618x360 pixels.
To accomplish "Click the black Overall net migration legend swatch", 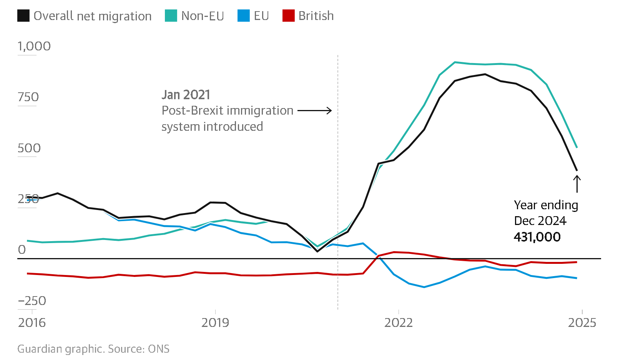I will pos(23,16).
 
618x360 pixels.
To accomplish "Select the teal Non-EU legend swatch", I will pos(171,16).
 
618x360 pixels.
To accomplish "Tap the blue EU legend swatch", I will pos(244,16).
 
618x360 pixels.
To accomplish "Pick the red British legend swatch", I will pos(288,16).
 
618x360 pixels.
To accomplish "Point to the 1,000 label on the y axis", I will pos(34,46).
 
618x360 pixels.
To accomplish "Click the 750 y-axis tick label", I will pos(28,97).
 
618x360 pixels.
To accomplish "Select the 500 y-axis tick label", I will pos(29,148).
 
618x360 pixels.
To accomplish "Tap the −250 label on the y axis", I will pos(32,301).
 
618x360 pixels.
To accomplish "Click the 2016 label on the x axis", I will pos(32,323).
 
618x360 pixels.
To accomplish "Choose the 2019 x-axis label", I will pos(215,323).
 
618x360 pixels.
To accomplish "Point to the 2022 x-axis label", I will pos(399,323).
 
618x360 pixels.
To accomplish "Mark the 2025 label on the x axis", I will pos(582,323).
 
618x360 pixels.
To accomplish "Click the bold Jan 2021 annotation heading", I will pos(186,95).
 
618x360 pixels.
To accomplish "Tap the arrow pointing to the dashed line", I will pos(314,111).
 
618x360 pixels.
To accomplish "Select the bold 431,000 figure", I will pos(537,237).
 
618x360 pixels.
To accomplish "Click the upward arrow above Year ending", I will pos(577,183).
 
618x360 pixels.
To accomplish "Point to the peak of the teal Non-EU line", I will pos(455,62).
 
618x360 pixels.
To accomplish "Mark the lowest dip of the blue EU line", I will pos(424,287).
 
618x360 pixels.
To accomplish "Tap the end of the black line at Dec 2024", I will pos(577,170).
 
